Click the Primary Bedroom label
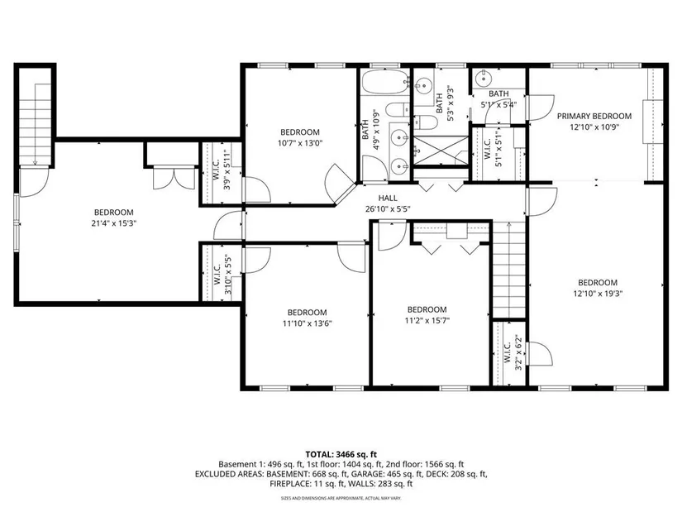[594, 117]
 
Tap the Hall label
[388, 198]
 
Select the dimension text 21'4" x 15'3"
[114, 223]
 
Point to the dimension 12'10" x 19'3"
[598, 294]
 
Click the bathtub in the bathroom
[384, 82]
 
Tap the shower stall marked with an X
[440, 151]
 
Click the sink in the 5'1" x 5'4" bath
[483, 79]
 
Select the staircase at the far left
[35, 125]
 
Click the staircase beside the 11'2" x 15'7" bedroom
[508, 270]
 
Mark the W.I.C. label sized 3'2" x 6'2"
[507, 352]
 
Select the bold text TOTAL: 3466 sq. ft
[341, 455]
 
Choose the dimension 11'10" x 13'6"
[308, 323]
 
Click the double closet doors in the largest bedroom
[174, 178]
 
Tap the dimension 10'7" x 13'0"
[300, 143]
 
